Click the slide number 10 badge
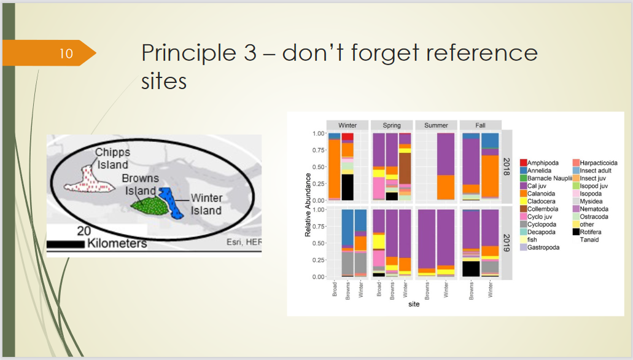coord(49,53)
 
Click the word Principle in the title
coord(189,53)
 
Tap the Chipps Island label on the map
coord(112,158)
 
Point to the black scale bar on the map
coord(66,244)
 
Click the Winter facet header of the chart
coord(348,125)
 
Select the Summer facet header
coord(436,125)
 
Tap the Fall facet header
coord(480,125)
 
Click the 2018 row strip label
coord(507,166)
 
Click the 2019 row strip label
coord(507,243)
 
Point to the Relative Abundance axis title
coord(308,205)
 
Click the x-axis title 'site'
coord(414,304)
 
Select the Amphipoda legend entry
coord(539,163)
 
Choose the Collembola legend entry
coord(539,209)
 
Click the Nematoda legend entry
coord(591,209)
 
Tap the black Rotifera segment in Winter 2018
coord(348,187)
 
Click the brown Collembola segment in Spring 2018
coord(405,168)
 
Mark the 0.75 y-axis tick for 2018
coord(319,150)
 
